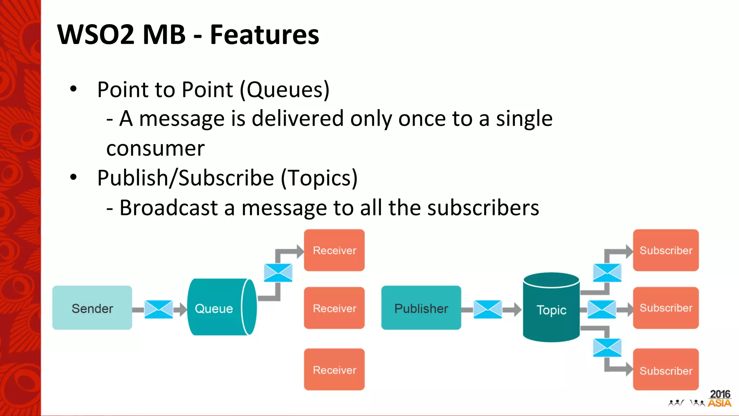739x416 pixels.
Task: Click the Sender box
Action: pos(92,308)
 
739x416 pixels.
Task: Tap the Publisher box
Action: pos(421,308)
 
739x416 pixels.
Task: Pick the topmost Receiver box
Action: pos(334,250)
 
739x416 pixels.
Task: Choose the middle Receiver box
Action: pos(334,308)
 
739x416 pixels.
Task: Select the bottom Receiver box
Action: pos(334,369)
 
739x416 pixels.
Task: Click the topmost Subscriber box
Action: pos(666,250)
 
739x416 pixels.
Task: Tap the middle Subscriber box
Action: pos(666,308)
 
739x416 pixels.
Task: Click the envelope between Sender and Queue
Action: pos(159,309)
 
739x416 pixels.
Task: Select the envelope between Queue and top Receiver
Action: pos(278,273)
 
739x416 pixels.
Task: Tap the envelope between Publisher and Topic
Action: pos(487,309)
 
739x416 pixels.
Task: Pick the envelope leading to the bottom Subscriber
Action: pos(607,348)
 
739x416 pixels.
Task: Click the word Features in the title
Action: pos(264,35)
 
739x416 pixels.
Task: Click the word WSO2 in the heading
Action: pos(96,35)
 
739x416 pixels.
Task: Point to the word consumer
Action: pos(155,148)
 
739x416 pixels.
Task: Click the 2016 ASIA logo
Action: pos(719,399)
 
